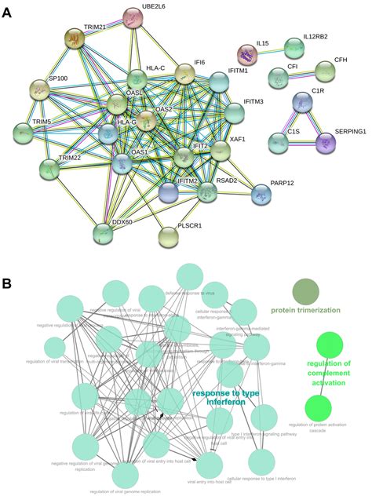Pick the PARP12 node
tap(264, 194)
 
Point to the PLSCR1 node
tap(171, 235)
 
